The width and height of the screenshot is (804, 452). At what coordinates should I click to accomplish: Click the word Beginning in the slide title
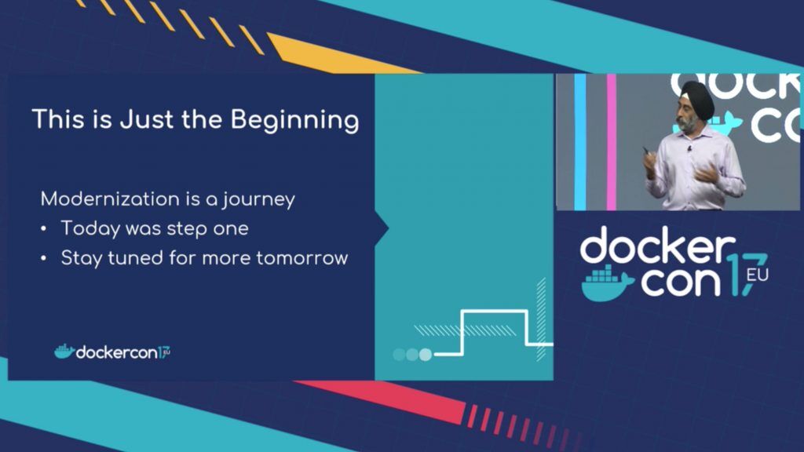pyautogui.click(x=295, y=120)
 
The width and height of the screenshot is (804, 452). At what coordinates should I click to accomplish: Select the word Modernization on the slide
pyautogui.click(x=110, y=199)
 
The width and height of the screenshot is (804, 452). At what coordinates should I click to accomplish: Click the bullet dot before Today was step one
pyautogui.click(x=44, y=229)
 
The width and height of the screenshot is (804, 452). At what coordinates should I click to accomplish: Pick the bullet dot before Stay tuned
pyautogui.click(x=44, y=259)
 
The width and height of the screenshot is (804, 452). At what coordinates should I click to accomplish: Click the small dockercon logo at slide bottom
pyautogui.click(x=112, y=352)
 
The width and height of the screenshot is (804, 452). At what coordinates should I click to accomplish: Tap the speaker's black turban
pyautogui.click(x=697, y=97)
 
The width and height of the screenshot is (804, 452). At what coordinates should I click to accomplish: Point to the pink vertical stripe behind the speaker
pyautogui.click(x=611, y=142)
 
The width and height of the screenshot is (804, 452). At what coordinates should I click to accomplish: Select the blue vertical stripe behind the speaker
pyautogui.click(x=580, y=142)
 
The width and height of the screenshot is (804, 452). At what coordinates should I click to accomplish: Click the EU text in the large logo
pyautogui.click(x=758, y=275)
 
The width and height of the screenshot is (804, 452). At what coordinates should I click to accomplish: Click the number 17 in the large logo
pyautogui.click(x=747, y=274)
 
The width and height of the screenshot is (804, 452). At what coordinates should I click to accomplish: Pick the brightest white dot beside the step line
pyautogui.click(x=426, y=354)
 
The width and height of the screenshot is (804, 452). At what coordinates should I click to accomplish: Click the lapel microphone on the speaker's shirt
pyautogui.click(x=689, y=149)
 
